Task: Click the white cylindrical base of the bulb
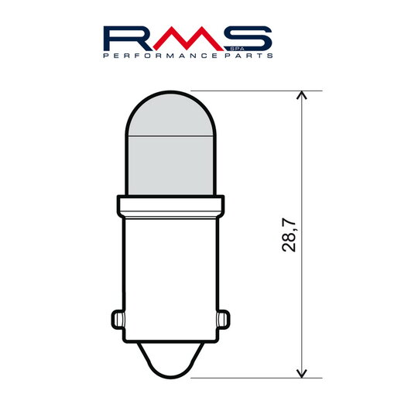click(x=171, y=263)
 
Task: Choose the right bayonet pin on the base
click(x=225, y=319)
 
